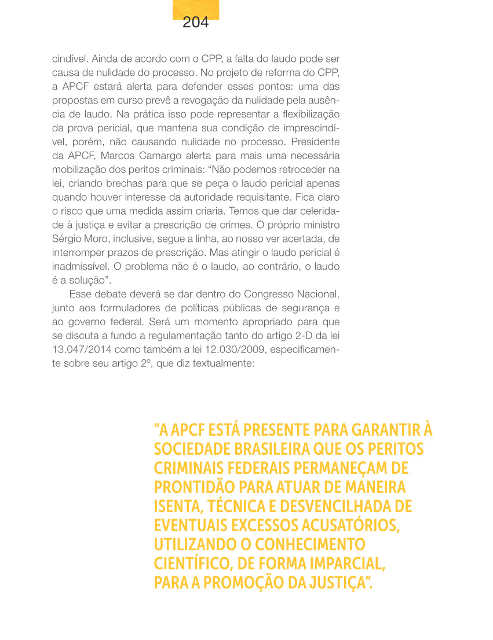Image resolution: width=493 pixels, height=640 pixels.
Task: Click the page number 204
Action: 195,23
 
